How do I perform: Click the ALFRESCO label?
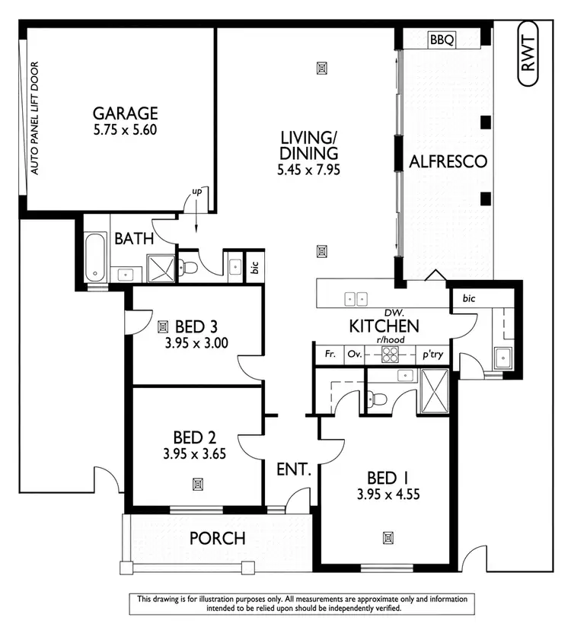(448, 161)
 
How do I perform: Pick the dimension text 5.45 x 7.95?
(308, 169)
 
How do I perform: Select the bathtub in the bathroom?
(94, 259)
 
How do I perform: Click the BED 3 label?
(196, 327)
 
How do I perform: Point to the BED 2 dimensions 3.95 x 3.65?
(196, 454)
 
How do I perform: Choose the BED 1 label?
(388, 478)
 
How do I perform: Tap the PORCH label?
(217, 539)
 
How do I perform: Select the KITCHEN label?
(384, 326)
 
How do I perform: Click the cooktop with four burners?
(390, 354)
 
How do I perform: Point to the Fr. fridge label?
(330, 355)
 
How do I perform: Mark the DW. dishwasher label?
(394, 313)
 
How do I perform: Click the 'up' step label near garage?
(196, 192)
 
